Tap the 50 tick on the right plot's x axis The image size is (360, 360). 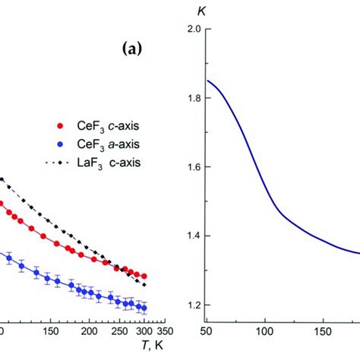[x=206, y=332]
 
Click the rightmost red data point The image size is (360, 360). [x=144, y=276]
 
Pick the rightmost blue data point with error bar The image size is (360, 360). [x=143, y=308]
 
